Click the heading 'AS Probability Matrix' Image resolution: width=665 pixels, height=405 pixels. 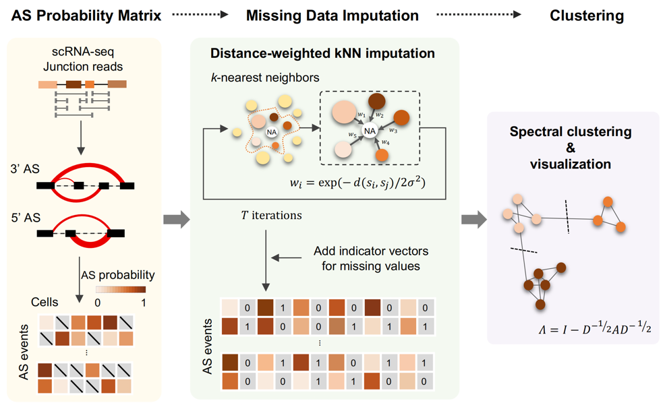[x=86, y=15]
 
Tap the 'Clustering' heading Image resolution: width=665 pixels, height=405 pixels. [x=587, y=15]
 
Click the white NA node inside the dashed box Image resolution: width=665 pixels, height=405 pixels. [x=370, y=131]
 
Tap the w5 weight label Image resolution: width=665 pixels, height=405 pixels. [x=352, y=135]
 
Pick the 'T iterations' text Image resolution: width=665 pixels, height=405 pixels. [x=271, y=216]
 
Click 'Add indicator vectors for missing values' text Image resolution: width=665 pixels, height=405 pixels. [x=370, y=258]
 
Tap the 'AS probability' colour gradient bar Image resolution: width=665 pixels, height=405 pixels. [x=121, y=289]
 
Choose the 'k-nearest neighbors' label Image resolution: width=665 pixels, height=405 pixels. [x=265, y=78]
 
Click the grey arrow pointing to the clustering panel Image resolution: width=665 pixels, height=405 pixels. [x=473, y=219]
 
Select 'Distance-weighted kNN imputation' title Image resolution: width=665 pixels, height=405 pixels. [x=322, y=53]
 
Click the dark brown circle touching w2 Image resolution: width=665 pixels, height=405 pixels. [x=376, y=102]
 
